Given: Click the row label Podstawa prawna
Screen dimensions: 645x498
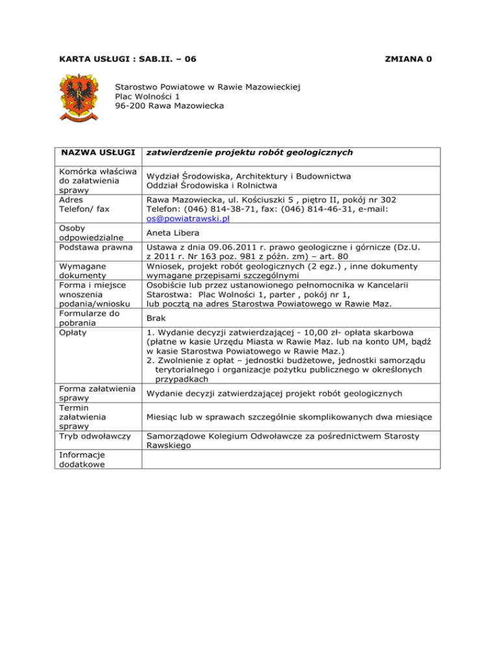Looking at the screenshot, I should tap(91, 247).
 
